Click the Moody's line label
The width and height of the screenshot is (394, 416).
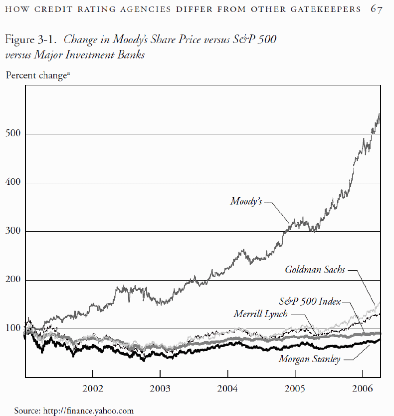[x=246, y=201]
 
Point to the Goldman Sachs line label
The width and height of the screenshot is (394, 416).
[x=315, y=270]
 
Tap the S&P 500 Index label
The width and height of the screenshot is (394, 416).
[x=309, y=301]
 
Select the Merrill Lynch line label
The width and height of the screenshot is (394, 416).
[x=260, y=314]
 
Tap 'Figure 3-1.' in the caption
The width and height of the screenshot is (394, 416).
[x=32, y=39]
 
